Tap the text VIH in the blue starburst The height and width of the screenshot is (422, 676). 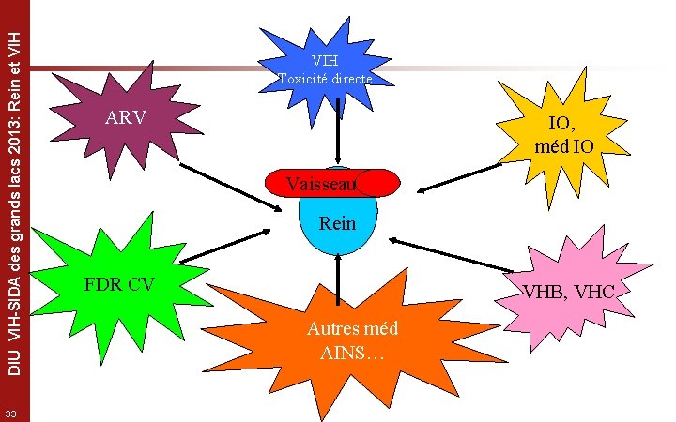pos(325,61)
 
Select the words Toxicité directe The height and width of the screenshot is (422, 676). pos(325,79)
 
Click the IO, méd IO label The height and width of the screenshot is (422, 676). pos(561,134)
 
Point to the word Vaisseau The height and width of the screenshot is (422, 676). pos(322,184)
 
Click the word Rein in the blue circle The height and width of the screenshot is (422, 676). pos(338,224)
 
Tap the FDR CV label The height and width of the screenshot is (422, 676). pos(119,284)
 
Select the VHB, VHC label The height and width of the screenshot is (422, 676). pos(568,292)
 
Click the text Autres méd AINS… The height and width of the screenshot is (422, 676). pos(346,340)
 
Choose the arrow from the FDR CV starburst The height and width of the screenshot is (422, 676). pos(223,247)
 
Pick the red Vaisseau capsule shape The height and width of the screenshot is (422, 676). pos(380,183)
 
